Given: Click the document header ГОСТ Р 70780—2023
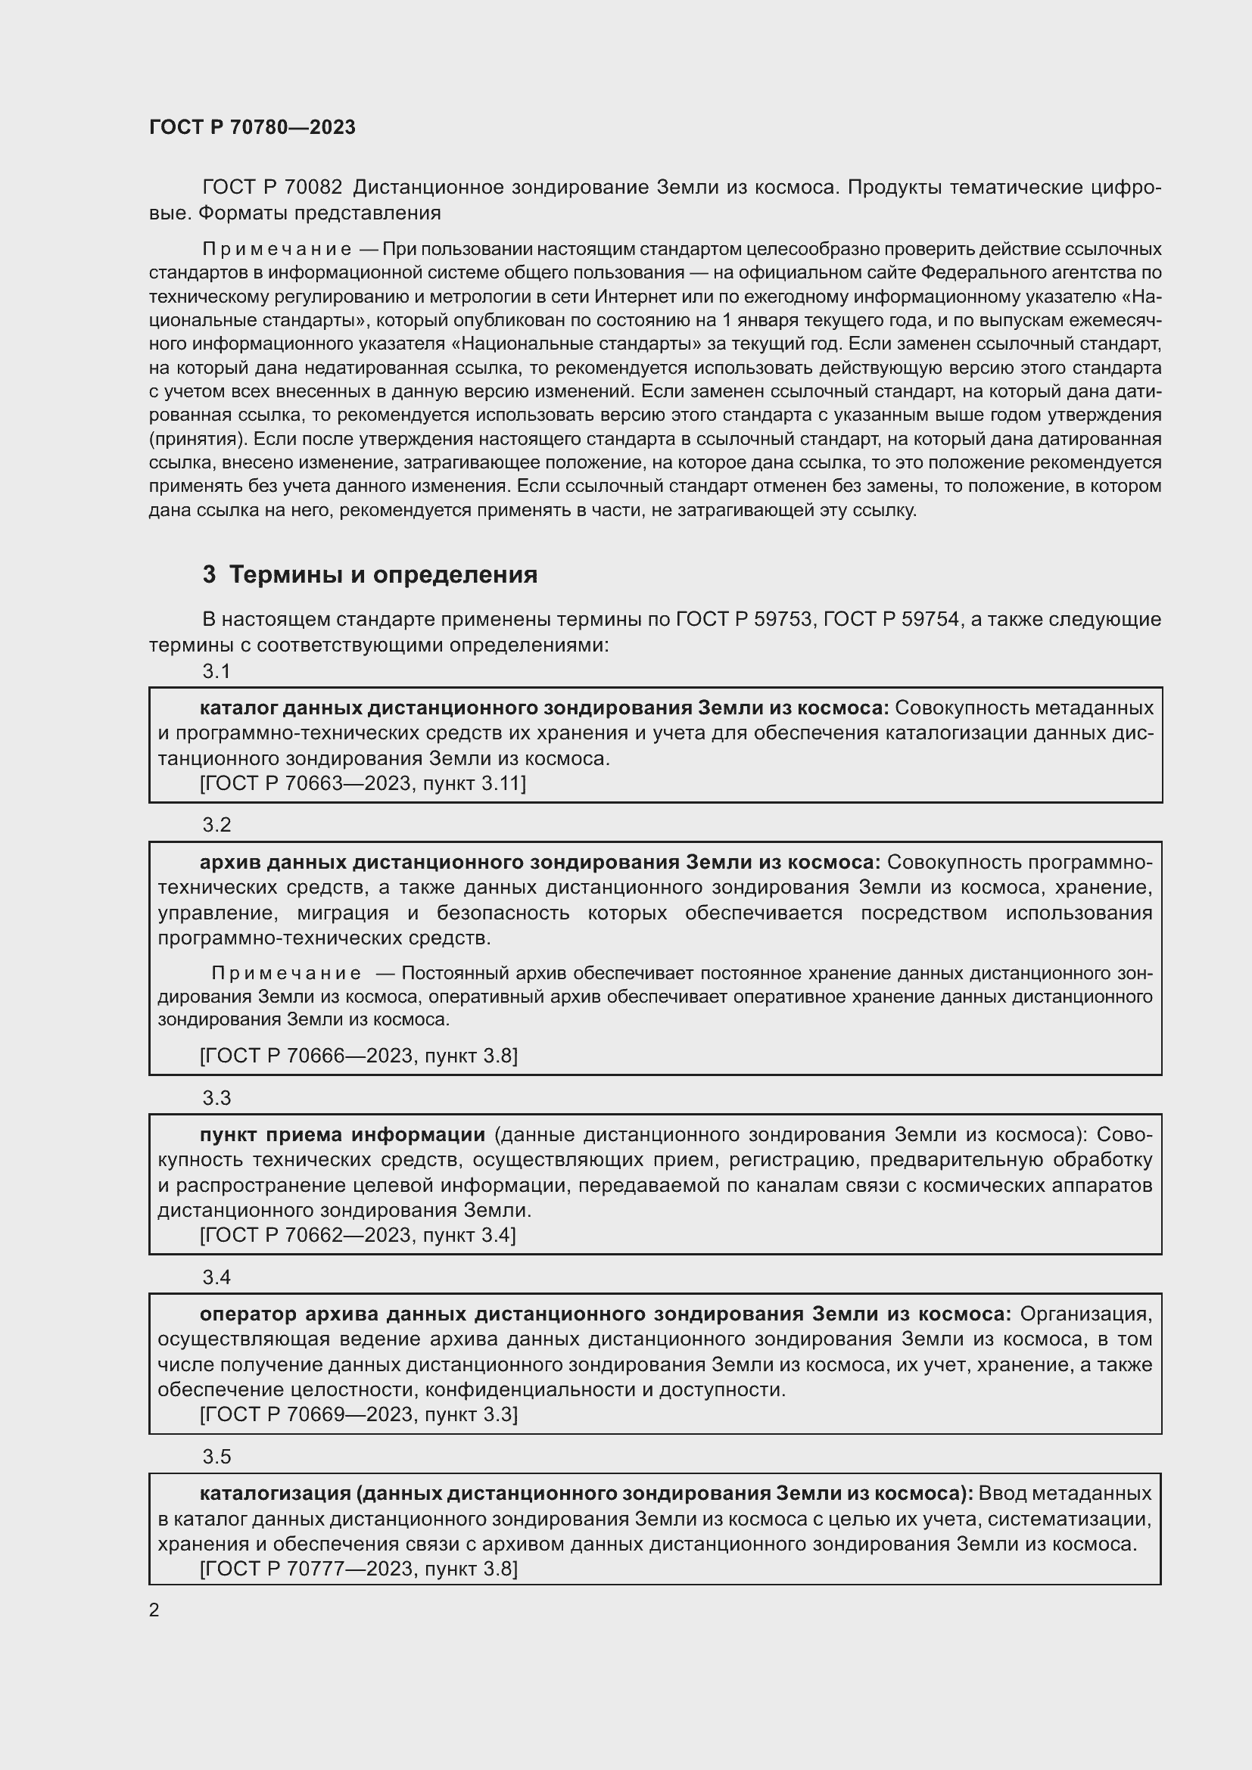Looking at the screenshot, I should coord(252,127).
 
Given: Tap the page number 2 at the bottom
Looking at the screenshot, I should coord(154,1610).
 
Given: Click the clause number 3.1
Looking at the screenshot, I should coord(216,671).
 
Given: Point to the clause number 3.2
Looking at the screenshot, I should coord(216,825).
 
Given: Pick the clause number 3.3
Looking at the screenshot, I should coord(216,1098).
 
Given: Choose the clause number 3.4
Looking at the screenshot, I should coord(216,1277).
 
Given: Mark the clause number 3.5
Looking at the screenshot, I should coord(216,1456).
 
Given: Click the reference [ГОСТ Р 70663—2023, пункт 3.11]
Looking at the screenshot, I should coord(363,783).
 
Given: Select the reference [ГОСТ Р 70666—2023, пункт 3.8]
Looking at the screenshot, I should coord(359,1056).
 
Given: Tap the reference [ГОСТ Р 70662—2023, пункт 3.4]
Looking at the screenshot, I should coord(358,1235).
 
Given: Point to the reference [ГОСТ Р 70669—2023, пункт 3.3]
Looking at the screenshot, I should coord(359,1414).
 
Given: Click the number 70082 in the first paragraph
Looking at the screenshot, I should coord(313,188).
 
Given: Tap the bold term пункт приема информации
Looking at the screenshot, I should coord(342,1134).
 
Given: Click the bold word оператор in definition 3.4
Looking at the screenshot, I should coord(248,1314).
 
